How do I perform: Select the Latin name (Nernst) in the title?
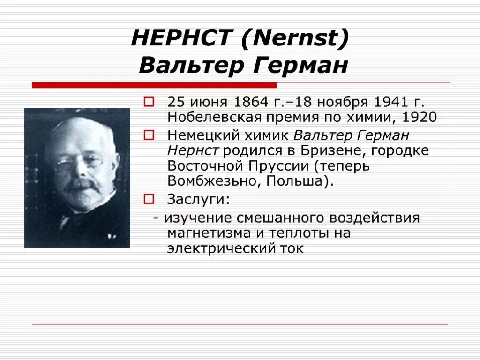[295, 38]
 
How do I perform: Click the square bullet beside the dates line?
[149, 101]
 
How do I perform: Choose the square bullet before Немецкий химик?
[149, 135]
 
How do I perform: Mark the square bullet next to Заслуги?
[149, 199]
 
